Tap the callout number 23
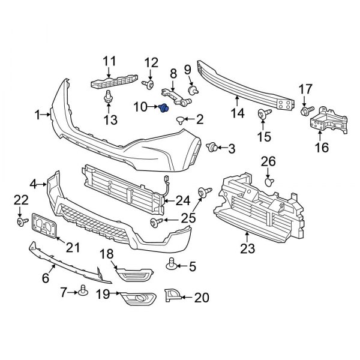(247, 248)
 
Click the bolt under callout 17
(304, 111)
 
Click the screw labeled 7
(81, 292)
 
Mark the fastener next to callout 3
(211, 147)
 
